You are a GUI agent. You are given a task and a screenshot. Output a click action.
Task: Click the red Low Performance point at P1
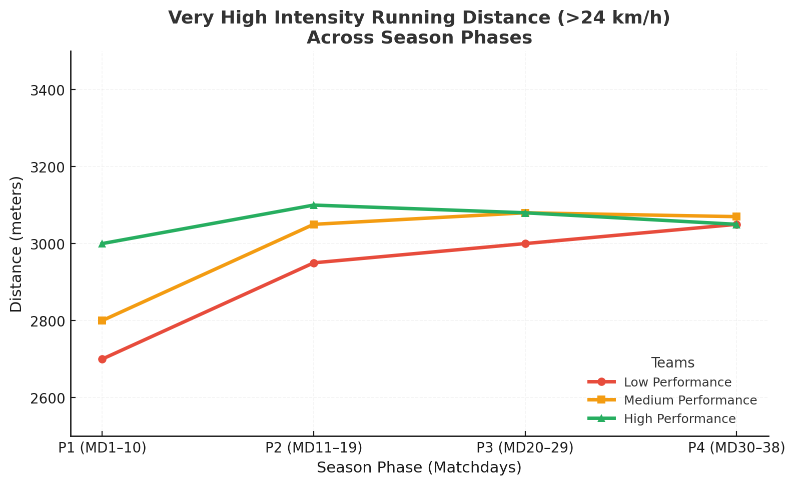102,359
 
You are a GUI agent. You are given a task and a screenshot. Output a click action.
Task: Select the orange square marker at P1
102,320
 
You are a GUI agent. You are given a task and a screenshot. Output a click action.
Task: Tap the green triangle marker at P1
102,243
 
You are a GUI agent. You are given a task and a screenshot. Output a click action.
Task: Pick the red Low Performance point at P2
314,263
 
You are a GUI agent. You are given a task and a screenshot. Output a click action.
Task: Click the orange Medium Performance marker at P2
314,224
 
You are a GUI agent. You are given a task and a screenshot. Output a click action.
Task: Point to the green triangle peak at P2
314,205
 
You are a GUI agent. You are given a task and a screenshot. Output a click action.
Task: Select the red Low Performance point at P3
525,243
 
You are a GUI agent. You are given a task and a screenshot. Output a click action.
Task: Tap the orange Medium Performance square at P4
736,216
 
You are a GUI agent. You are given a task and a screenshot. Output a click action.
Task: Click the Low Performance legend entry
677,382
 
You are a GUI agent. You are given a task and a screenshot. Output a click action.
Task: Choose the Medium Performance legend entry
690,400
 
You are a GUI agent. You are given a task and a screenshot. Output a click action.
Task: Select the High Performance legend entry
679,419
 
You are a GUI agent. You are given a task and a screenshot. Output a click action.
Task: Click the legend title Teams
672,363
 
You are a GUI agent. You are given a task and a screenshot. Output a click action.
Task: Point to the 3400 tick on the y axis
48,90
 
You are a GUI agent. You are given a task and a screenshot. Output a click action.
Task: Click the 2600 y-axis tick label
48,398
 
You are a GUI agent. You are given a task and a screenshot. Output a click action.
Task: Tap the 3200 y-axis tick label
48,167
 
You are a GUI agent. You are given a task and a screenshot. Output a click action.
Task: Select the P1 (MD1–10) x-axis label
102,448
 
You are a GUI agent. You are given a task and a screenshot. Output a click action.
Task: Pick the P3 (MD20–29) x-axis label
525,448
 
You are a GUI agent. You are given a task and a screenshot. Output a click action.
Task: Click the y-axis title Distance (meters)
17,244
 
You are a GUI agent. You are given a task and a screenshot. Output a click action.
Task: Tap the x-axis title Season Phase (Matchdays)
419,468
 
